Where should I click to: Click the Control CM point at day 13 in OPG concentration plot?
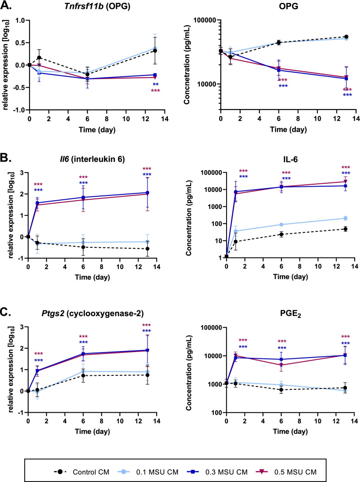tap(346, 37)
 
